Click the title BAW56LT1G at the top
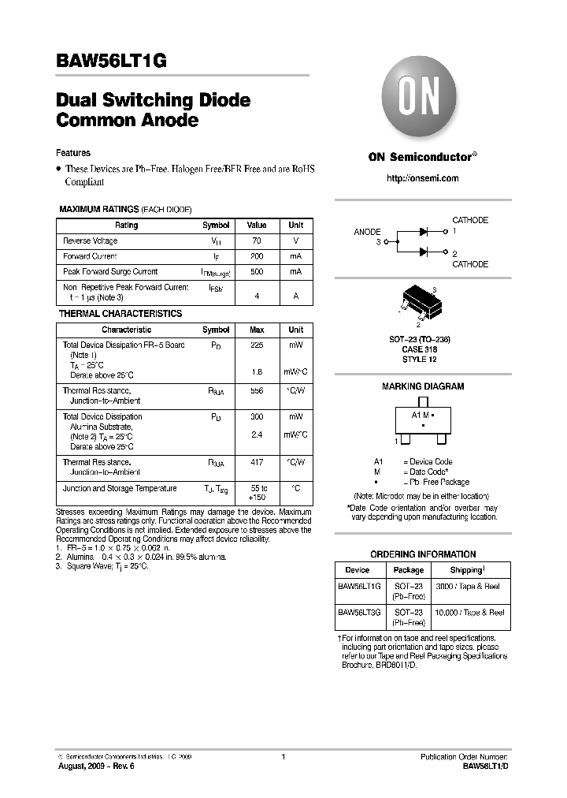coord(111,62)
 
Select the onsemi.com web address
coord(422,178)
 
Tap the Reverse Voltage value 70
coord(257,241)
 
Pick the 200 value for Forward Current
coord(257,256)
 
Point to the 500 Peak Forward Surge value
coord(257,271)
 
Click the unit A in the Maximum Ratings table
coord(295,296)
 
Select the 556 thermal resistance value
coord(257,390)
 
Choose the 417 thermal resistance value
coord(257,462)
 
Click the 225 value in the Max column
coord(257,345)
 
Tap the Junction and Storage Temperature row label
coord(120,488)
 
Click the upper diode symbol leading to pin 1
coord(424,232)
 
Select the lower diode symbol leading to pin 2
coord(424,252)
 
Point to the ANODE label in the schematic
coord(367,232)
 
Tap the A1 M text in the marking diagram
coord(421,415)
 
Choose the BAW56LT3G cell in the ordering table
coord(359,612)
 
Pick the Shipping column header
coord(467,570)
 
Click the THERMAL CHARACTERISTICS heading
coord(120,314)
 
